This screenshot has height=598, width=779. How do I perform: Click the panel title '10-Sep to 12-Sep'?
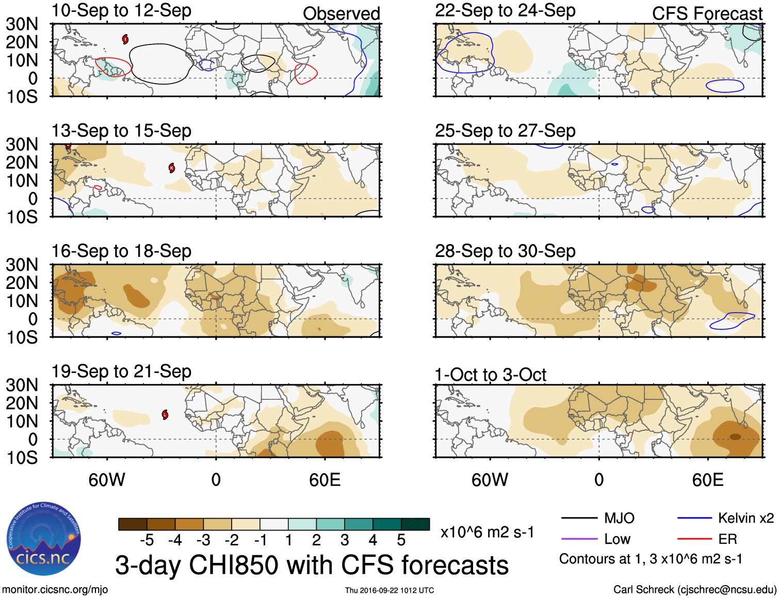point(121,11)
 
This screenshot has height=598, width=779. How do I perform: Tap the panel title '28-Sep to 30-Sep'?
point(505,251)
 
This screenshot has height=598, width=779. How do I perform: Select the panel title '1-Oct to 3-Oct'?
point(490,375)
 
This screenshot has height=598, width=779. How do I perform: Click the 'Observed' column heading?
point(341,13)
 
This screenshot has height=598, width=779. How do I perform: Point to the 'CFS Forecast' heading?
point(707,13)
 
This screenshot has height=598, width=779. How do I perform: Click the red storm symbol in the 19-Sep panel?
point(165,414)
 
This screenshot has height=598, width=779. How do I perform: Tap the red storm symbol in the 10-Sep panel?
point(125,39)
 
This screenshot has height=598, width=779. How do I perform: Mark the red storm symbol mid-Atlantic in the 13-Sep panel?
point(172,168)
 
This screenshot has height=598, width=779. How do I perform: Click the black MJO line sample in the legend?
point(579,518)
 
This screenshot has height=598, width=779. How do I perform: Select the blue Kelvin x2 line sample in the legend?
point(694,518)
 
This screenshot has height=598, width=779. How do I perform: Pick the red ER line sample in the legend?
point(694,539)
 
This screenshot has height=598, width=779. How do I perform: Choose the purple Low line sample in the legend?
point(579,539)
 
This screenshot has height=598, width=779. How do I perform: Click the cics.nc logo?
point(44,539)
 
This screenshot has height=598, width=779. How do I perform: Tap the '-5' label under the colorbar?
point(147,540)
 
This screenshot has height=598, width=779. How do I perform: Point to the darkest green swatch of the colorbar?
point(415,524)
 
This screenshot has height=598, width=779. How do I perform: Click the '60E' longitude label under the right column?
point(707,480)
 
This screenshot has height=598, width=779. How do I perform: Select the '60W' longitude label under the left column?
point(107,480)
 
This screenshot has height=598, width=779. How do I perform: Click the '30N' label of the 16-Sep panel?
point(22,265)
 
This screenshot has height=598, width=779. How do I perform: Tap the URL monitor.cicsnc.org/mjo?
point(55,589)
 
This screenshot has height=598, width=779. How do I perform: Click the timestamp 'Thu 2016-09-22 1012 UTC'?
point(389,590)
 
